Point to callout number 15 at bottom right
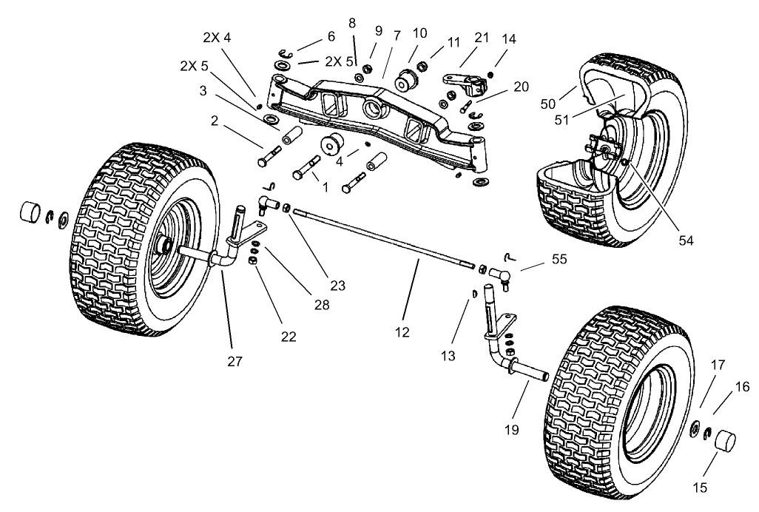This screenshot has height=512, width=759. [x=701, y=487]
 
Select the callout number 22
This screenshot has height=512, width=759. [x=289, y=336]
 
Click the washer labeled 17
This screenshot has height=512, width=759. [x=695, y=428]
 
